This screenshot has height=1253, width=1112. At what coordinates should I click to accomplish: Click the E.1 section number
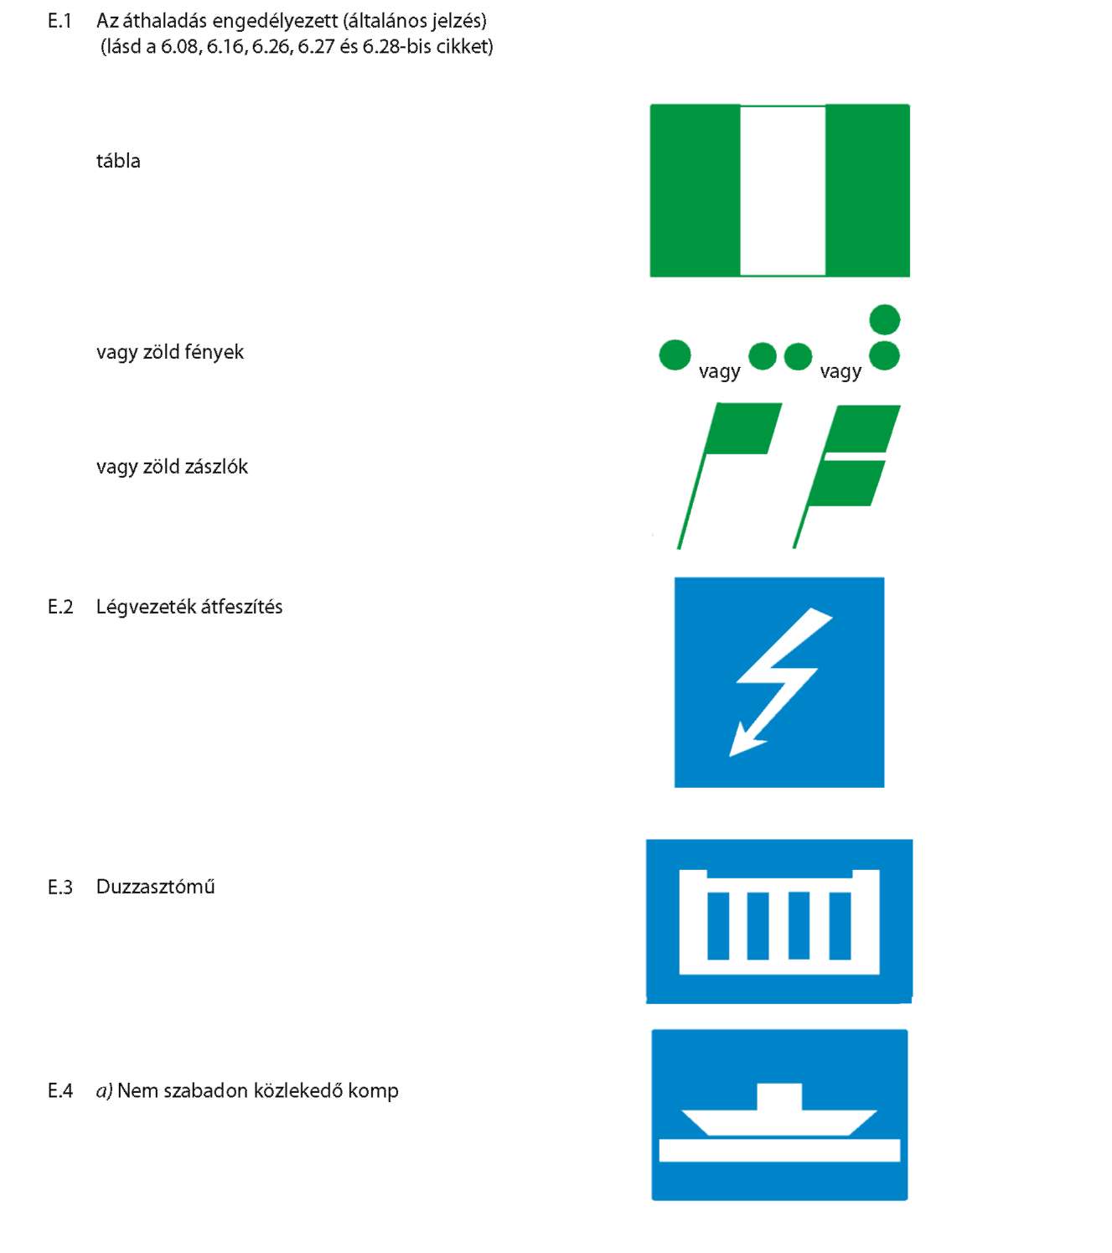point(59,22)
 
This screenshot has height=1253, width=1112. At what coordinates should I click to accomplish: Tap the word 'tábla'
point(118,161)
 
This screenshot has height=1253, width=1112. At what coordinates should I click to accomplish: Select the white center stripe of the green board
point(783,190)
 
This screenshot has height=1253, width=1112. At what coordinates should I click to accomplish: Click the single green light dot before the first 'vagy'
point(675,355)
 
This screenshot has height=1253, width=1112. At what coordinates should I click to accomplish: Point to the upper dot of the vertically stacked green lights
point(884,319)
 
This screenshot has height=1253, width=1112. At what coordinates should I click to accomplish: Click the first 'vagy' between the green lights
point(719,371)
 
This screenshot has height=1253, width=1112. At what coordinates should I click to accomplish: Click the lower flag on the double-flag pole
point(847,483)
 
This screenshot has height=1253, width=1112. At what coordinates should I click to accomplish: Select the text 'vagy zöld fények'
point(170,353)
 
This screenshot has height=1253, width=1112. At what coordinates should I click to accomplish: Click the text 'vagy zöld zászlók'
point(172,467)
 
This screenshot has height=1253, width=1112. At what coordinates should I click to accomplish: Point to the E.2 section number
point(60,607)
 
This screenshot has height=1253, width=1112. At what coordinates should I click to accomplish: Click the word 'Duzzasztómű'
point(155,887)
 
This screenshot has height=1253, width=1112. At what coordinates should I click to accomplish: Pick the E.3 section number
point(60,888)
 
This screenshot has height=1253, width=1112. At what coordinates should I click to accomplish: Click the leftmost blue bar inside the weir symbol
point(718,925)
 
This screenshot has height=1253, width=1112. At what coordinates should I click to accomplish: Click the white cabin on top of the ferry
point(779,1096)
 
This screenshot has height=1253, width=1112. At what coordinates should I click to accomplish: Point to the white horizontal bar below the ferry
point(779,1150)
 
